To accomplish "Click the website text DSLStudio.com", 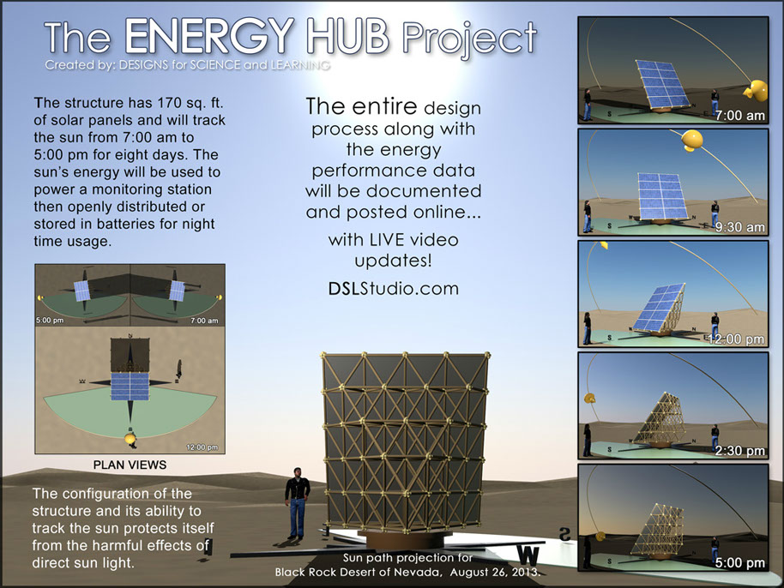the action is point(394,288).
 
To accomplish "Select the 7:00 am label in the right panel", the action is point(740,116).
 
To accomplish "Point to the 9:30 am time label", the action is point(740,227).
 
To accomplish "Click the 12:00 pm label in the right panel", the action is point(737,339).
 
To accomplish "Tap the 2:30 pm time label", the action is point(740,451).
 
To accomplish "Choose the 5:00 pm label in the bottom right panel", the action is point(740,562).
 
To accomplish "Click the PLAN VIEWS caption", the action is point(130,465).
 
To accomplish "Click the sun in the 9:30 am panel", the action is point(692,140).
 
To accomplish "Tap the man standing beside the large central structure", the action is point(298,503).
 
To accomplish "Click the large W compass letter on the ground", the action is point(528,555).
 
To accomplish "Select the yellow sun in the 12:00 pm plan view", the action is point(130,439).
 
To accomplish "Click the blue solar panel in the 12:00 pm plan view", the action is point(130,387).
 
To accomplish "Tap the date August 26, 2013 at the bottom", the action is point(495,572).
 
